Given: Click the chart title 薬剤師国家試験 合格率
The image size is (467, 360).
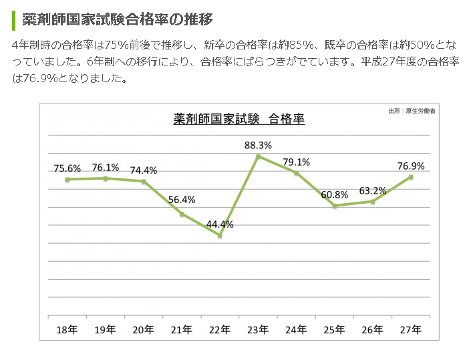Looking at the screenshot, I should (x=239, y=120).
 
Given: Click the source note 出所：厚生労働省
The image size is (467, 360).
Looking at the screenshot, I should (x=411, y=111).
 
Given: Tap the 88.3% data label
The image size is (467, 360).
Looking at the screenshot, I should (x=258, y=144).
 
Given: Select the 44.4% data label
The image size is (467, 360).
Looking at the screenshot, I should (x=220, y=224).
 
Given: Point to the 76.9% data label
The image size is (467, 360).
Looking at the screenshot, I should (x=411, y=166).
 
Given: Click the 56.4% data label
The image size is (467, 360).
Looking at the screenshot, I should (x=182, y=199).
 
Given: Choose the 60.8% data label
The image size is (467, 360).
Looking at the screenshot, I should (x=334, y=194).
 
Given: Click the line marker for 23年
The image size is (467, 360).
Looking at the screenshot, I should (x=258, y=156).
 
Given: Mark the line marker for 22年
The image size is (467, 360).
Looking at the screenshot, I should (x=220, y=236).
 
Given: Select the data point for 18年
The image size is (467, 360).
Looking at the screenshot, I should (x=67, y=179).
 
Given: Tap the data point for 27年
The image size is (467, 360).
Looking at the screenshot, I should (x=411, y=177).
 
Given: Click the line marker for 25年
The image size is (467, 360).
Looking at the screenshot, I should (x=334, y=206).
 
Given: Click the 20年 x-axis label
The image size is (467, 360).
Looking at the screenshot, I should (x=144, y=329).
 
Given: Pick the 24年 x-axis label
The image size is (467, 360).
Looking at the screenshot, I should (x=296, y=329).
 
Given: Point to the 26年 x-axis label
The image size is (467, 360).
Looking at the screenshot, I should (x=373, y=329).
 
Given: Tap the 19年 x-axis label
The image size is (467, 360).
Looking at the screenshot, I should (x=106, y=329).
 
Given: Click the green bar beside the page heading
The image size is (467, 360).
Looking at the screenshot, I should (x=13, y=19).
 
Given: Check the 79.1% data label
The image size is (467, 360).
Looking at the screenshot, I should (x=296, y=162).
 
